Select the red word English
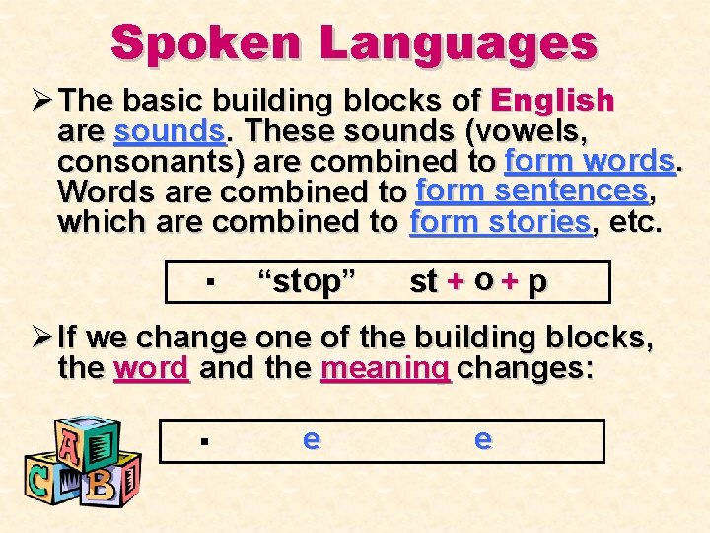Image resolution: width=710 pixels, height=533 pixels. (x=552, y=101)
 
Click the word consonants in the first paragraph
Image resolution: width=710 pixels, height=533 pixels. (x=123, y=161)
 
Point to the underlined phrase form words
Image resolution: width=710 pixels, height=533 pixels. (x=589, y=160)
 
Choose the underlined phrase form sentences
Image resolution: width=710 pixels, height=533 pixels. (x=531, y=189)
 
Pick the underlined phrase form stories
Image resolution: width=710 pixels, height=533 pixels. (x=501, y=221)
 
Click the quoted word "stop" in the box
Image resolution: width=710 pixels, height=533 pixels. (x=306, y=281)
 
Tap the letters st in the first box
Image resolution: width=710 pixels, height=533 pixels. (x=423, y=282)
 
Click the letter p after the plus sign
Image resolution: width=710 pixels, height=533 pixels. (x=536, y=283)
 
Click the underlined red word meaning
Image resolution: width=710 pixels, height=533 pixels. (x=386, y=370)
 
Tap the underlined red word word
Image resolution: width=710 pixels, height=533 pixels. (x=151, y=370)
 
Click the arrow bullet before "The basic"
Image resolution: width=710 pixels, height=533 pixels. (x=40, y=101)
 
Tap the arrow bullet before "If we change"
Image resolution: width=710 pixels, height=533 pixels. (x=40, y=339)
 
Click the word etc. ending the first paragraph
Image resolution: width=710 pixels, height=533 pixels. (x=636, y=221)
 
